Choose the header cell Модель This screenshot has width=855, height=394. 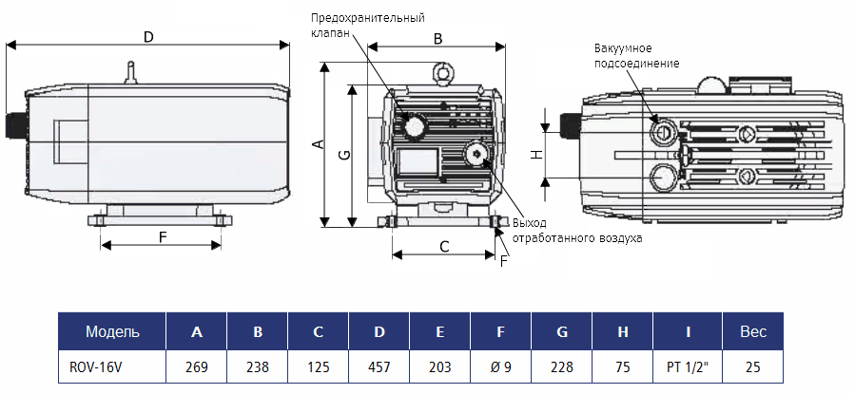click(112, 331)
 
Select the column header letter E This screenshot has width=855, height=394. click(440, 331)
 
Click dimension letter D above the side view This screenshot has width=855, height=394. click(147, 36)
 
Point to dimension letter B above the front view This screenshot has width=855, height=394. click(437, 39)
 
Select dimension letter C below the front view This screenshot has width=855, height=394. click(444, 246)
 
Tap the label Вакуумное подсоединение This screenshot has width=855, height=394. click(636, 55)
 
